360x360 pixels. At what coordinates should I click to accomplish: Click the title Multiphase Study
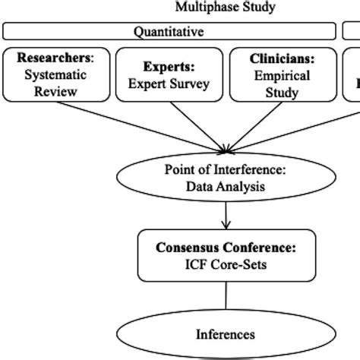225,8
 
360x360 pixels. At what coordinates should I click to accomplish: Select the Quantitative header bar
169,31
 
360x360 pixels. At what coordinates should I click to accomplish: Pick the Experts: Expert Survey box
168,74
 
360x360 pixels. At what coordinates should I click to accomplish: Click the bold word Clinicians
282,58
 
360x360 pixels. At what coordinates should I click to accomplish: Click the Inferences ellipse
225,333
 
